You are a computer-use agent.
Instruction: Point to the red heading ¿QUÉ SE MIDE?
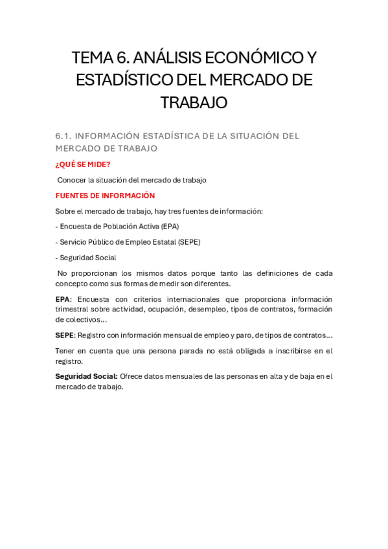click(83, 164)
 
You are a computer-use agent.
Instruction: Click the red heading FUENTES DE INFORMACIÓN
click(106, 196)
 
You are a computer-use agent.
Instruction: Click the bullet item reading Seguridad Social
click(88, 258)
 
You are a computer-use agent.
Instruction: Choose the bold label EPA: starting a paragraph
click(63, 299)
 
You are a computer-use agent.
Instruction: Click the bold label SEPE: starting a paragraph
click(65, 335)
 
